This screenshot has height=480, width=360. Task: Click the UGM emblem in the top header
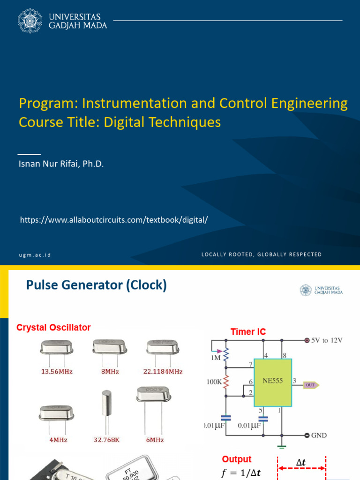(x=30, y=21)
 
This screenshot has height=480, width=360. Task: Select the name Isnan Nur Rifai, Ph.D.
(x=61, y=164)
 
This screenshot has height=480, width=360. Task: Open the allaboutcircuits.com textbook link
(x=113, y=219)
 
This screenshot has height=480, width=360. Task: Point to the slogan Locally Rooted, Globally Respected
(x=262, y=255)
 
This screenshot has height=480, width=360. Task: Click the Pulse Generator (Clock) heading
(x=96, y=285)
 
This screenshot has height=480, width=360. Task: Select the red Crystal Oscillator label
(x=53, y=328)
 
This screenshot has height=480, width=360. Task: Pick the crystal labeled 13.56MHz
(x=57, y=348)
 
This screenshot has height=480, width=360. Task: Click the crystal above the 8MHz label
(x=110, y=347)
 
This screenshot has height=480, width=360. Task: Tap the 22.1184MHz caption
(x=163, y=372)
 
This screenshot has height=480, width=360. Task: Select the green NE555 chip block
(x=273, y=382)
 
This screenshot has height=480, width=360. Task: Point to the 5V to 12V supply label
(x=327, y=340)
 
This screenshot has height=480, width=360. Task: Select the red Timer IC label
(x=248, y=332)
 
